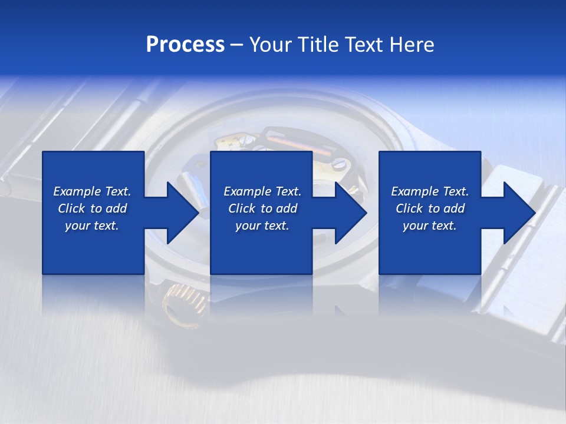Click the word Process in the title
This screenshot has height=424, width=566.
point(185,45)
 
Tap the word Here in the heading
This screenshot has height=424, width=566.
point(411,45)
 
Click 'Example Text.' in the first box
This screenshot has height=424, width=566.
point(92,191)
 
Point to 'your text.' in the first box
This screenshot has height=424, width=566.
point(92,226)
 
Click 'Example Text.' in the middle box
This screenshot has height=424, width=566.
point(262,191)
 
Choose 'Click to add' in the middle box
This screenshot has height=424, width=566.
point(262,208)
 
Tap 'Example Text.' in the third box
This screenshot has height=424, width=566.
point(430,191)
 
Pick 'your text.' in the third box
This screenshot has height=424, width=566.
point(430,226)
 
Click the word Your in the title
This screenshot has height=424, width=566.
point(270,45)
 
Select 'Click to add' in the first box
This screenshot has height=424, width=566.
point(92,208)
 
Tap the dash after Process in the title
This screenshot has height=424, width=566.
point(236,45)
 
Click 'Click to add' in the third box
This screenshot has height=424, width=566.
point(430,208)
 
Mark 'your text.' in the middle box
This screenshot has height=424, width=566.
point(262,226)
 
